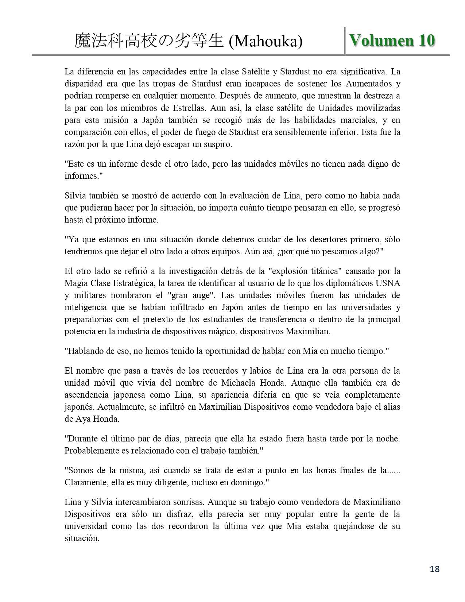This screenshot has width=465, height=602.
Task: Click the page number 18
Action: click(x=435, y=569)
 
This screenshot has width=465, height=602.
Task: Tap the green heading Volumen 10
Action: click(x=392, y=40)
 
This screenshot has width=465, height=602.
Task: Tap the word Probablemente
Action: click(x=92, y=451)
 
